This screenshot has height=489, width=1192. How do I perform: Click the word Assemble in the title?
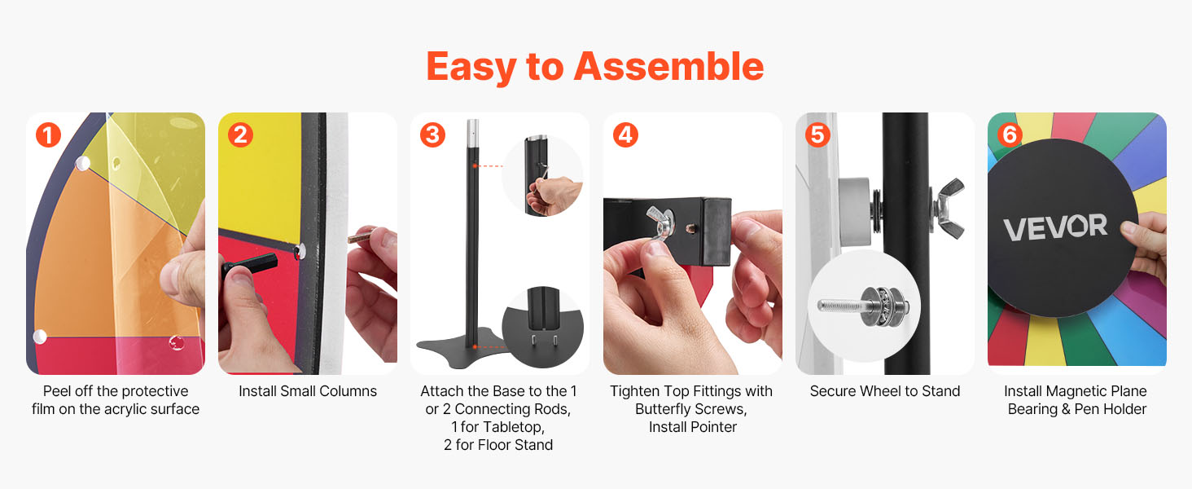click(669, 67)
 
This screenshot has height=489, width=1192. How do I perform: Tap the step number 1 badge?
click(48, 134)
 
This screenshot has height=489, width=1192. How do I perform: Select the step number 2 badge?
click(240, 134)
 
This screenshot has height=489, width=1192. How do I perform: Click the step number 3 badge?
click(432, 134)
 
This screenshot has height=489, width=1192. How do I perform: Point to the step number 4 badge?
click(625, 134)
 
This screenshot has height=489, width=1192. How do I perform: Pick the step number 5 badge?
click(818, 134)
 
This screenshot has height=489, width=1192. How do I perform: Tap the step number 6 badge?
click(1010, 134)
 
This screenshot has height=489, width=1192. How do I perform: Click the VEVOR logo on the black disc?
click(1055, 227)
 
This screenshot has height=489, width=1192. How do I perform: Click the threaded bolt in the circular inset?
click(863, 306)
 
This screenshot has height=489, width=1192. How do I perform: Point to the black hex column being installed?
click(250, 264)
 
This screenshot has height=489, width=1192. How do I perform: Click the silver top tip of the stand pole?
click(472, 134)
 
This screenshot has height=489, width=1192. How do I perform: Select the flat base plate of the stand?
click(461, 348)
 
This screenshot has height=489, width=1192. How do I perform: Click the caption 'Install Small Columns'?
click(308, 391)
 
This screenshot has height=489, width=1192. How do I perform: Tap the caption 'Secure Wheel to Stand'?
click(885, 391)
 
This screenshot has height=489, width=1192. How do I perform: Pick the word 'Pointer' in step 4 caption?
click(714, 427)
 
